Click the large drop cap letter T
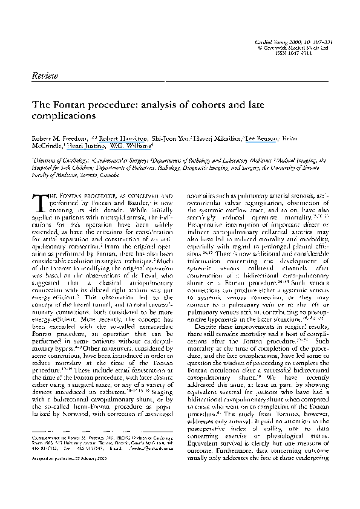pos(38,204)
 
